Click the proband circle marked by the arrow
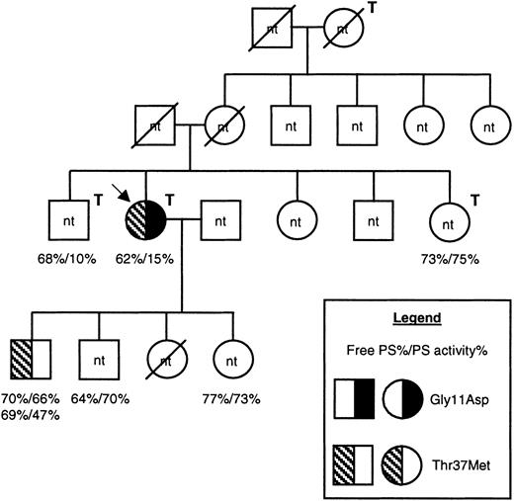coord(146,215)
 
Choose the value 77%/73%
coord(233,399)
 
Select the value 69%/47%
coord(33,416)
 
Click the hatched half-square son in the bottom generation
coord(32,358)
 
